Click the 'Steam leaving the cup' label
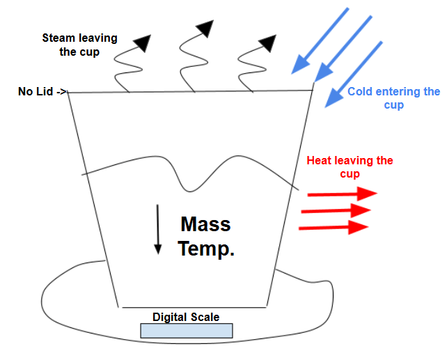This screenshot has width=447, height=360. pos(79,45)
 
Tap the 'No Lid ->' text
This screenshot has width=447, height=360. pos(42,91)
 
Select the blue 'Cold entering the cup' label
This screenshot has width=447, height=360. pos(393,98)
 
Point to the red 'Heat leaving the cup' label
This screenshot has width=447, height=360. pos(350,167)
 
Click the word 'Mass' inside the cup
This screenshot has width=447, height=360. pos(205,224)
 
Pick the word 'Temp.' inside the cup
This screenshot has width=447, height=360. pos(206,249)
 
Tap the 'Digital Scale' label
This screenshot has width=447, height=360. pos(186,318)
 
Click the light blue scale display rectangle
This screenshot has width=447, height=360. pos(186,330)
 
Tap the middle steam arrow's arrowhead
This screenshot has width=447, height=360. pos(205,29)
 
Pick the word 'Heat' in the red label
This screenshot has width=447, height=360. pos(321,161)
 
